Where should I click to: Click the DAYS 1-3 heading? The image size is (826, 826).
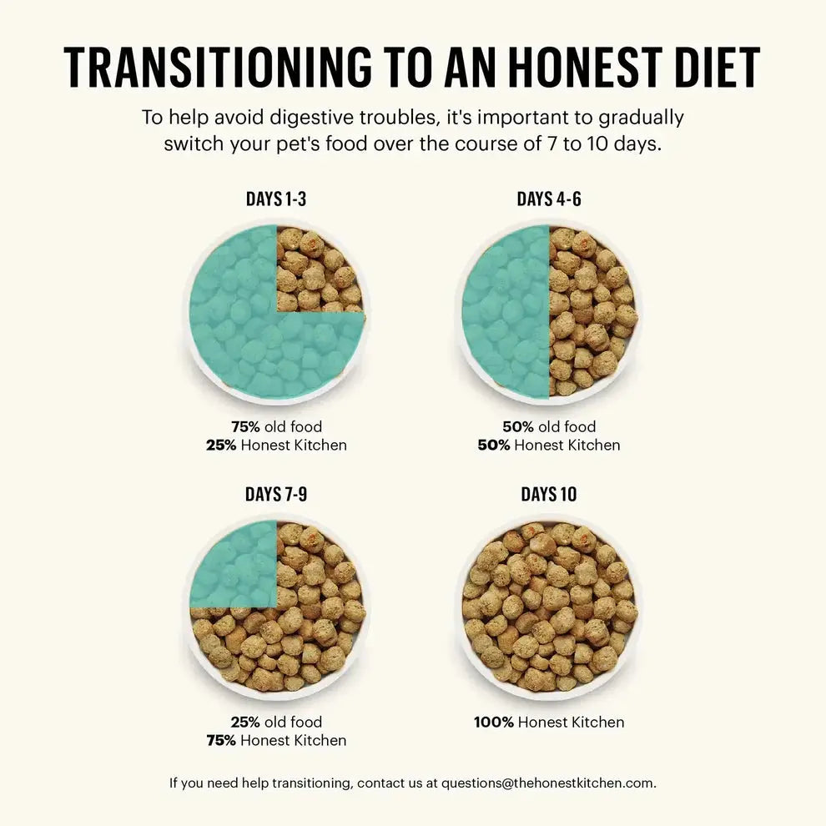276,199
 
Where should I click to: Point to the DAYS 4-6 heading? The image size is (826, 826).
548,199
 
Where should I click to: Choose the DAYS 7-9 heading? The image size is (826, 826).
276,495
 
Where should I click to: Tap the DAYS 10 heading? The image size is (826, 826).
548,495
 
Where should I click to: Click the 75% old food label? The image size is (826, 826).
276,427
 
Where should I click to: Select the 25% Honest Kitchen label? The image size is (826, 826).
276,446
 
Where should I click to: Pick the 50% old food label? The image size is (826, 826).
548,427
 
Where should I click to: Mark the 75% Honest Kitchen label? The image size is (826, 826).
276,740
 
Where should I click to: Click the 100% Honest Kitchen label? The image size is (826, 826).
548,723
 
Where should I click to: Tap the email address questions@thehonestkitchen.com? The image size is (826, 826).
547,783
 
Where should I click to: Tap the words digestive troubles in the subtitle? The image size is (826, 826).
314,117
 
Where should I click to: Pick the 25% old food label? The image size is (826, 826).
276,723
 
